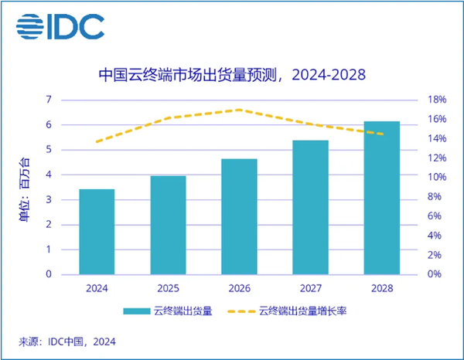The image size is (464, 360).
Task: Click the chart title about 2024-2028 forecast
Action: point(232,75)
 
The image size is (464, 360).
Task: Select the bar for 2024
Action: point(97,232)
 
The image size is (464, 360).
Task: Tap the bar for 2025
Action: point(168,225)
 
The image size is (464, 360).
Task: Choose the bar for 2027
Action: point(310,207)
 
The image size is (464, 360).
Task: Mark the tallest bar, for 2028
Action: point(381,198)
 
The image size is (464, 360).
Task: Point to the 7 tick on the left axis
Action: point(49,100)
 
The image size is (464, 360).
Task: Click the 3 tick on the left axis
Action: point(49,199)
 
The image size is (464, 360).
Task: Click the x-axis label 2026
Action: point(239,288)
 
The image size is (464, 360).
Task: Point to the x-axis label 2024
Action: point(97,288)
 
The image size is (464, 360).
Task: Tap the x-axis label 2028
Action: point(381,288)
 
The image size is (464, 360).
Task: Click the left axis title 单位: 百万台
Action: point(23,188)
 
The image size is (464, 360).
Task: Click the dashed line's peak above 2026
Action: point(239,110)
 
